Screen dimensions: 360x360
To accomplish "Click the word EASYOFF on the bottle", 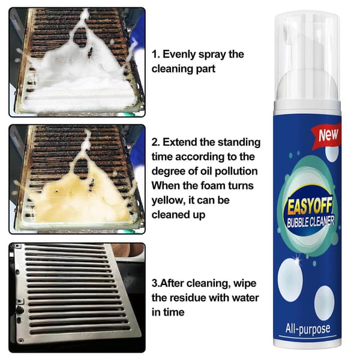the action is [x=309, y=206].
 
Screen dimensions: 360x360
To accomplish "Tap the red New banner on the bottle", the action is [x=326, y=136].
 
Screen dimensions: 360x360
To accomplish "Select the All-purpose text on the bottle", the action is [x=308, y=329].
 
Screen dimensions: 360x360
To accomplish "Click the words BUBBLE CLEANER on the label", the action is [x=310, y=222].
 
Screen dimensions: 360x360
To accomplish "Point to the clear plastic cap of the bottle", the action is [x=307, y=58].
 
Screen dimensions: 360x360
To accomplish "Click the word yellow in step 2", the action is [x=168, y=201].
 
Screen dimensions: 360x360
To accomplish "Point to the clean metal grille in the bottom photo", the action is [x=76, y=292].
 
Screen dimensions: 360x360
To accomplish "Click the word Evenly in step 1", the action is [x=179, y=55].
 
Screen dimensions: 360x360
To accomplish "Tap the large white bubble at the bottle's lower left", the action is [x=290, y=280].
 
